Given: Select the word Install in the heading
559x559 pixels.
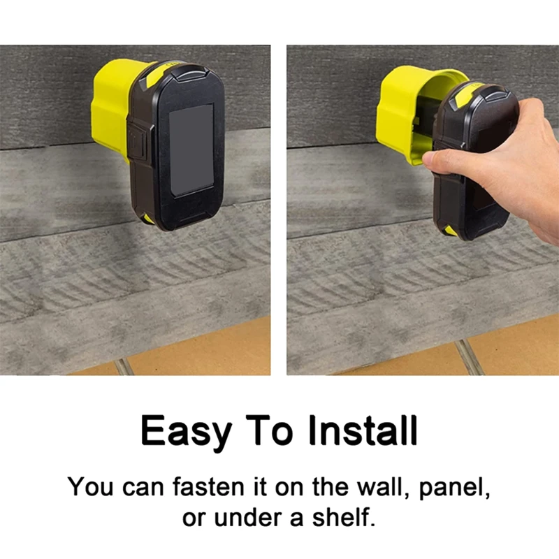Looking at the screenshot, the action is [x=363, y=430].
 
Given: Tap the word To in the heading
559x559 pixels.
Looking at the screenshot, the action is [x=270, y=430].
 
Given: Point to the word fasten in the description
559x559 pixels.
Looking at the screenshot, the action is [x=208, y=486].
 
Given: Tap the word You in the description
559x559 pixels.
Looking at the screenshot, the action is [x=91, y=486].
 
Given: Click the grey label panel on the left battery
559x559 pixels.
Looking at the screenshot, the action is [x=191, y=150].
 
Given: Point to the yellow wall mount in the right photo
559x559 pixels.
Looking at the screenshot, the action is [x=410, y=114].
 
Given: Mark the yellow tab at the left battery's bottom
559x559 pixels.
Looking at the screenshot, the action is [x=148, y=218].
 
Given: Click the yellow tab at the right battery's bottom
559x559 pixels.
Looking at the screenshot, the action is [x=451, y=231].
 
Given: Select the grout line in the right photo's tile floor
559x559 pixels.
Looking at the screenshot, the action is [x=469, y=356].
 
